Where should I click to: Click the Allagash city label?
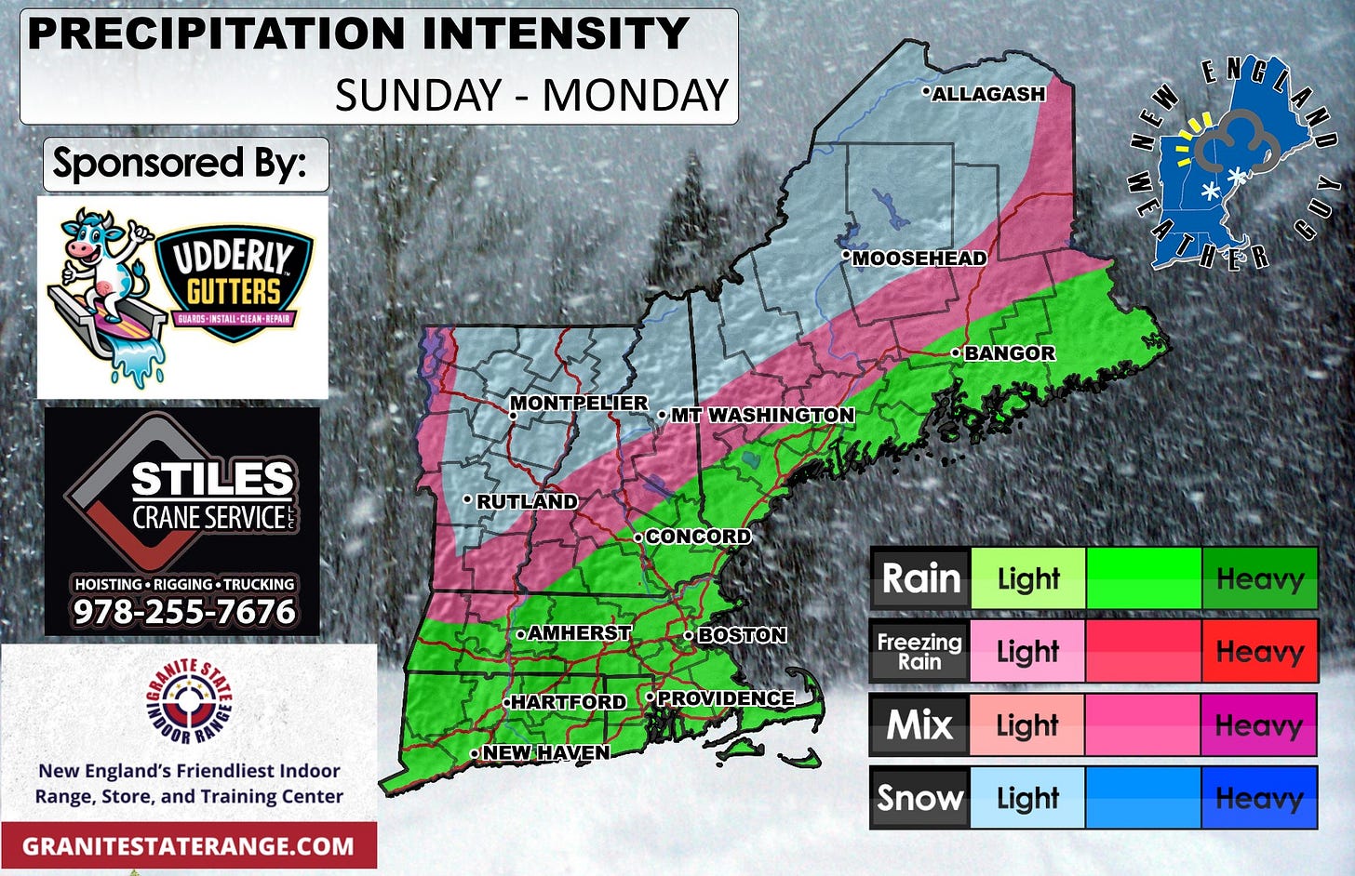[x=988, y=94]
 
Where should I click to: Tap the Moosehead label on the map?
[x=919, y=259]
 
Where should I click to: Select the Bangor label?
[x=1009, y=353]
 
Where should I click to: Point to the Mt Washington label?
[x=762, y=415]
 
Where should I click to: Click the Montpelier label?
[x=579, y=403]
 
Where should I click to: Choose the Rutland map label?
[x=527, y=501]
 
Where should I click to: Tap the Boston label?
[x=742, y=635]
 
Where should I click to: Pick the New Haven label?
[x=545, y=752]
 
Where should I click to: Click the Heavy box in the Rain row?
[x=1259, y=578]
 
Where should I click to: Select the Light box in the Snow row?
[x=1027, y=798]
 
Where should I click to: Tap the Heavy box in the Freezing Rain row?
[x=1259, y=651]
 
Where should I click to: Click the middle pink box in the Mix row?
[x=1143, y=724]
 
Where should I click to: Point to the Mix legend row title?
[x=919, y=724]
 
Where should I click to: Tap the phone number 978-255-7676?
[x=184, y=612]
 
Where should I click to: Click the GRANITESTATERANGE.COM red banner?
[x=188, y=846]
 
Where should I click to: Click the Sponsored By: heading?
[x=181, y=164]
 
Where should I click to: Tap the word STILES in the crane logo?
[x=212, y=480]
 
